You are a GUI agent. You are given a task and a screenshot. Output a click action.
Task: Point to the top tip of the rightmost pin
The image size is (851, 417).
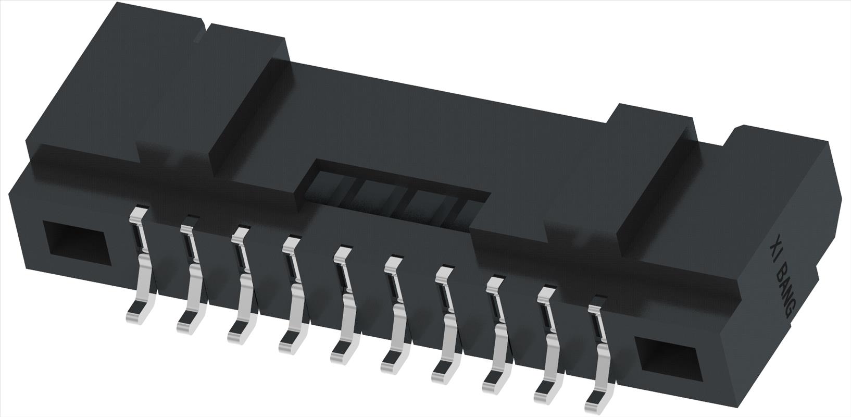pos(597,300)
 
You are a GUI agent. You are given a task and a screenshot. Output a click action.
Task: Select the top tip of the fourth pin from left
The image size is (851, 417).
pos(291,242)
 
